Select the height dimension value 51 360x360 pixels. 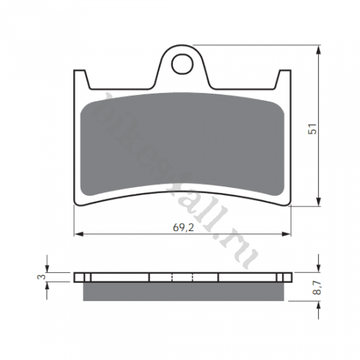click(x=312, y=129)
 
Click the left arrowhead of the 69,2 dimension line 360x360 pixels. click(x=78, y=234)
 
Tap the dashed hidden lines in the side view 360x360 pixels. click(x=183, y=276)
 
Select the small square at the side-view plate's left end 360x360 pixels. click(x=86, y=276)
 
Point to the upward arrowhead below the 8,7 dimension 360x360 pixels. click(x=318, y=303)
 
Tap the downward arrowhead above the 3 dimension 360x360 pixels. click(x=48, y=267)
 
